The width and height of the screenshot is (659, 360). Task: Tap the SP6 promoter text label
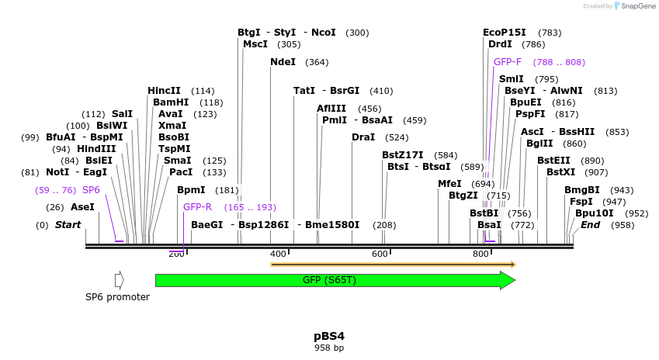[x=117, y=296]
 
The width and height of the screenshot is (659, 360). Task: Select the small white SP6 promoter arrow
[x=119, y=280]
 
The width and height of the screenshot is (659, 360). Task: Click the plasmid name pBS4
[x=329, y=336]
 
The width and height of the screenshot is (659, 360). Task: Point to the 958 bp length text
[x=329, y=348]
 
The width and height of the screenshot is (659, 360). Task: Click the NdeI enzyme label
[x=283, y=62]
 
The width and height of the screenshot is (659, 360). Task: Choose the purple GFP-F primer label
[x=508, y=62]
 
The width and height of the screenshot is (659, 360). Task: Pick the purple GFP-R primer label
[x=197, y=207]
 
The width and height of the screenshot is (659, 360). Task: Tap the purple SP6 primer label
[x=91, y=190]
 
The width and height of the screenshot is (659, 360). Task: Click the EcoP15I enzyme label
[x=505, y=33]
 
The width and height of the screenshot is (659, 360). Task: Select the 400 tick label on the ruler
[x=278, y=254]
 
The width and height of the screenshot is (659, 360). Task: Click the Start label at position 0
[x=68, y=225]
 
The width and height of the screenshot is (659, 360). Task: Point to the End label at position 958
[x=590, y=225]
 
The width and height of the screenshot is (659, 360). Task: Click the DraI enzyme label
[x=363, y=137]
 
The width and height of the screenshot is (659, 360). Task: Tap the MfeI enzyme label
[x=449, y=184]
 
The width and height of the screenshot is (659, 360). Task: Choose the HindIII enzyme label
[x=96, y=149]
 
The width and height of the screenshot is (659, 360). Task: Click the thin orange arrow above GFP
[x=392, y=265]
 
